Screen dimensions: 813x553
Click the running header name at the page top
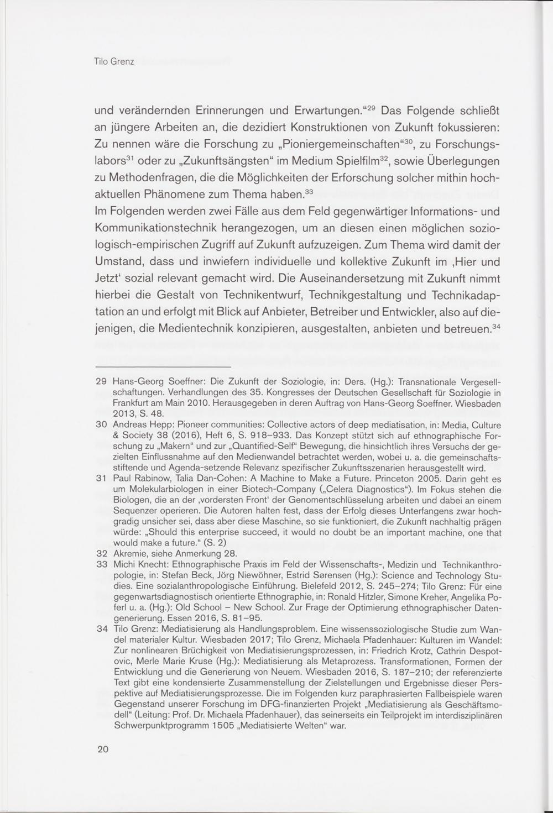[x=114, y=61]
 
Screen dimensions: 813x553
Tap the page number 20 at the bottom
[x=103, y=749]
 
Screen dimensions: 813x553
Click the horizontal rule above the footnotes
[x=163, y=367]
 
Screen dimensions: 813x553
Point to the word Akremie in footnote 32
[x=129, y=554]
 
